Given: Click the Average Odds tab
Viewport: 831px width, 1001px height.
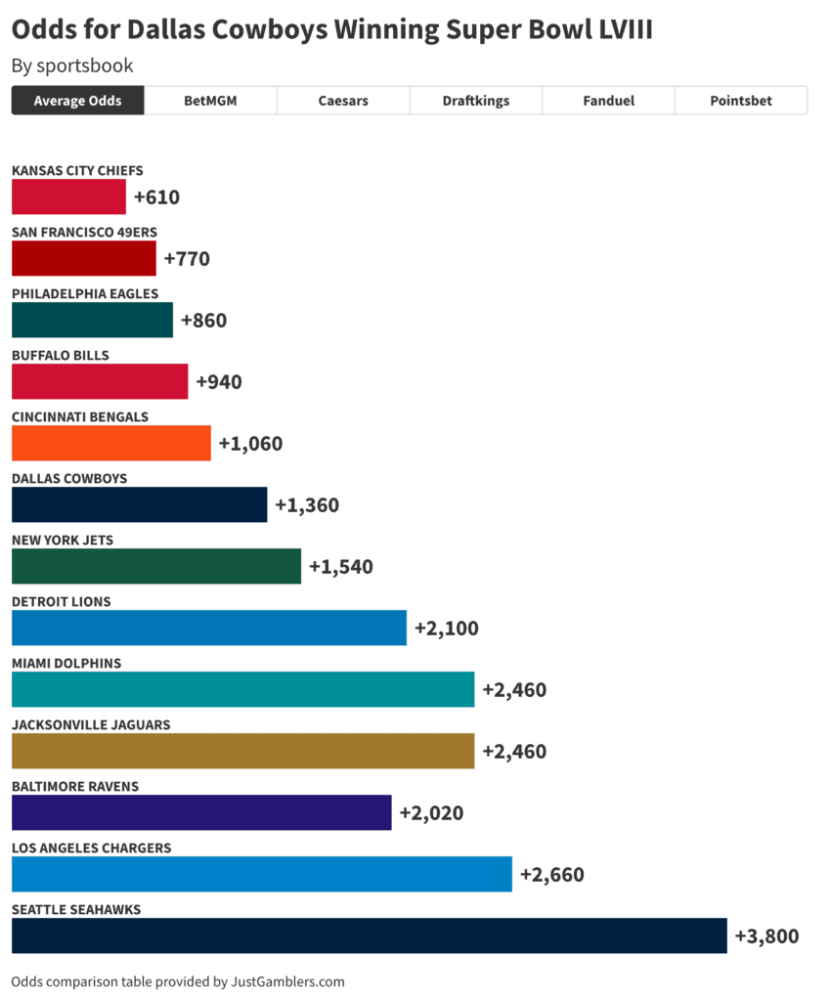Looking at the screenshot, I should coord(78,101).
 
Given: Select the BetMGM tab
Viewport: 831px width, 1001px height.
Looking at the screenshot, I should coord(210,101).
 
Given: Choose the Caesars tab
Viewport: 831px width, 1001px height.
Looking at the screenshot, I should coord(343,101).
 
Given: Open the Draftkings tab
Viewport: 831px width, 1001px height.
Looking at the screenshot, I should coord(475,101).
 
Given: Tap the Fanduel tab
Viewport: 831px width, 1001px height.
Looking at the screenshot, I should coord(608,101).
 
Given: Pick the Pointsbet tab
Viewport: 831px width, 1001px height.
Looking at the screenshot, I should coord(740,101).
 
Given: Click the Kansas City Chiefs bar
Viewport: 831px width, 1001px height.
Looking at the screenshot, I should coord(68,196).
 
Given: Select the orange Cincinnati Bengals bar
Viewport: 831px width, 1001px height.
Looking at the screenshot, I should coord(110,443).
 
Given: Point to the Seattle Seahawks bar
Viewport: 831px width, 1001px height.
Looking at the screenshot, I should coord(369,936).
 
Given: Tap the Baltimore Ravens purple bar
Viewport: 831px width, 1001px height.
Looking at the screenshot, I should coord(201,812).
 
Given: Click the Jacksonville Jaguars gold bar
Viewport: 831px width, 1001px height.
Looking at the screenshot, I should coord(242,751).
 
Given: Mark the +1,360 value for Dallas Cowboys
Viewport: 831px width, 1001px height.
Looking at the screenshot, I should coord(307,505).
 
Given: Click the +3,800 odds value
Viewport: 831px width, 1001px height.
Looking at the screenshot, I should coord(766,936).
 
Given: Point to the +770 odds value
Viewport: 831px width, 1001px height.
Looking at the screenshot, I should coord(187,259).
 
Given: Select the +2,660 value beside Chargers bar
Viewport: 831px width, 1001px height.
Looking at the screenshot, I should coord(551,874).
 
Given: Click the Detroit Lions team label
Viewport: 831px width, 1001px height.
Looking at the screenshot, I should coord(62,601).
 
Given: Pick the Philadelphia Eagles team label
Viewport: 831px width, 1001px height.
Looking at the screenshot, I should coord(85,293).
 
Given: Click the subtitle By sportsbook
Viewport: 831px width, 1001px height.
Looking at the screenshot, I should coord(72,66).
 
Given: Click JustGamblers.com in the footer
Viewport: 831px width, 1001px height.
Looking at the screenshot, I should coord(287,981).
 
